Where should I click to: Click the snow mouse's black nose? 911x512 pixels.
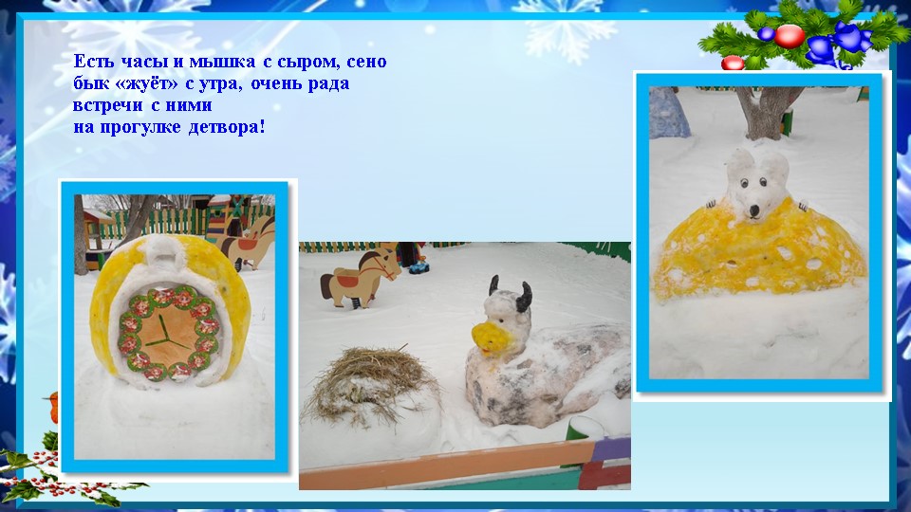coord(753,210)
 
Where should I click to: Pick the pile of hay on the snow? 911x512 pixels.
coord(370,379)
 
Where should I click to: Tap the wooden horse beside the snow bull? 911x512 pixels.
coord(359,278)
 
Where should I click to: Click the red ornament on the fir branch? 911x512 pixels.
coord(789,35)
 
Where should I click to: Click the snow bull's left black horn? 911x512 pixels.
coord(493,285)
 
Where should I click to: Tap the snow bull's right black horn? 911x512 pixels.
coord(526,294)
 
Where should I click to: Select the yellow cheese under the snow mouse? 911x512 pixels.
coord(759,249)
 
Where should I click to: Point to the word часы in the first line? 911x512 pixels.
coord(145,62)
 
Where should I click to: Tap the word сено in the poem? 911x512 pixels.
coord(366,63)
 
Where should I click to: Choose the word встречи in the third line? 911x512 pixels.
coord(108,105)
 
